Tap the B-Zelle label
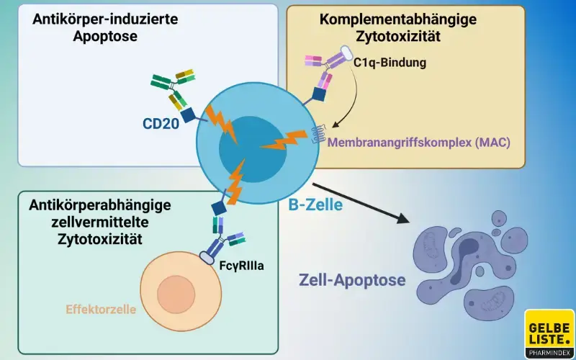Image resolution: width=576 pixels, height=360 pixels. click(315, 205)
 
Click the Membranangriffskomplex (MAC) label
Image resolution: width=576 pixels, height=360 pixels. click(418, 143)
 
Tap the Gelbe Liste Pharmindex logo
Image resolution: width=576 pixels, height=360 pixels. click(549, 333)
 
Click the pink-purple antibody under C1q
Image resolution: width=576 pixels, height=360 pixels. click(324, 72)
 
